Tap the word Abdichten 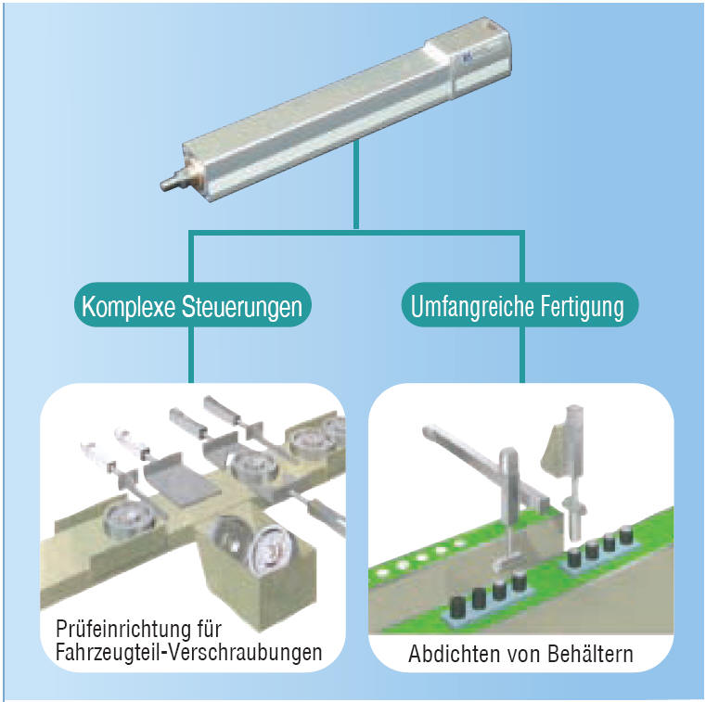pos(448,654)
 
